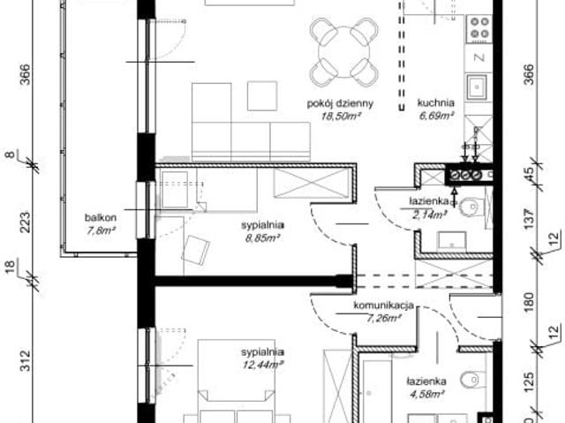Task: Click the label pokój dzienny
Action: click(340, 103)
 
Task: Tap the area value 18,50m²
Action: click(340, 115)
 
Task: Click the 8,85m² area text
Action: click(261, 237)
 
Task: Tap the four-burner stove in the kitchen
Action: click(479, 29)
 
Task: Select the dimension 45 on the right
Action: click(530, 173)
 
